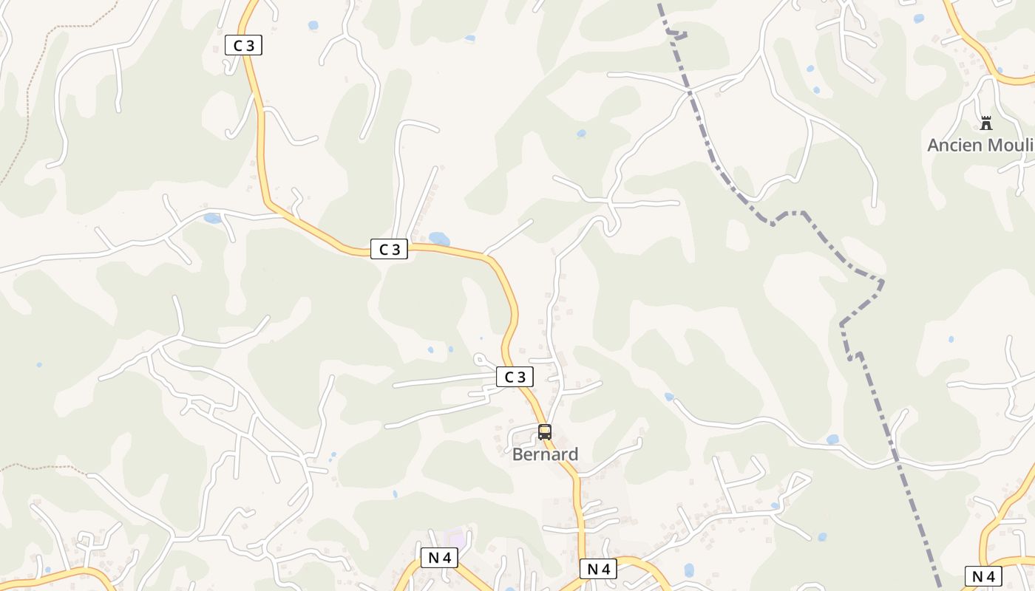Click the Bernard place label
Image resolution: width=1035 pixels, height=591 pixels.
coord(545,454)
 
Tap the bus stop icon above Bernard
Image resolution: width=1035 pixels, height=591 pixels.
coord(545,432)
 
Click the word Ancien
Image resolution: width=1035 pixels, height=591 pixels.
coord(954,145)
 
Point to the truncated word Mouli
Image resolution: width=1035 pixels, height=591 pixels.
coord(1010,145)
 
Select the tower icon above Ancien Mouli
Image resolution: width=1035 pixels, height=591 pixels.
coord(986,123)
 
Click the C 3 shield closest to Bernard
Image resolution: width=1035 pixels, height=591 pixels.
coord(515,377)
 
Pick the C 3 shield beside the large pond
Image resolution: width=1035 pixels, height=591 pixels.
coord(389,249)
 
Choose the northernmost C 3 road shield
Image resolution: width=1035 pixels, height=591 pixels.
coord(243,45)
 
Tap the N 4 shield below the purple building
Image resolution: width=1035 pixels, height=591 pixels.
coord(439,558)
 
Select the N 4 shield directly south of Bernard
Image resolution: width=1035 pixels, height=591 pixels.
coord(598,569)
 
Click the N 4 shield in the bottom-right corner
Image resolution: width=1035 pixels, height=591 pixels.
coord(983,576)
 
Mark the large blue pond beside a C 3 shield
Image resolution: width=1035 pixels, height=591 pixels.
coord(439,239)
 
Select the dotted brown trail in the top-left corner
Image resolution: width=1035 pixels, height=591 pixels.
coord(30,89)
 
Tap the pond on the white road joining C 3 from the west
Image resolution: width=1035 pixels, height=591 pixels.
coord(212,218)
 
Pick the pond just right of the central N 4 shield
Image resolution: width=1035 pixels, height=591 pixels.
coord(689,570)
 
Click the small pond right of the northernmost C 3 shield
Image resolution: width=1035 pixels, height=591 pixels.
coord(313,25)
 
